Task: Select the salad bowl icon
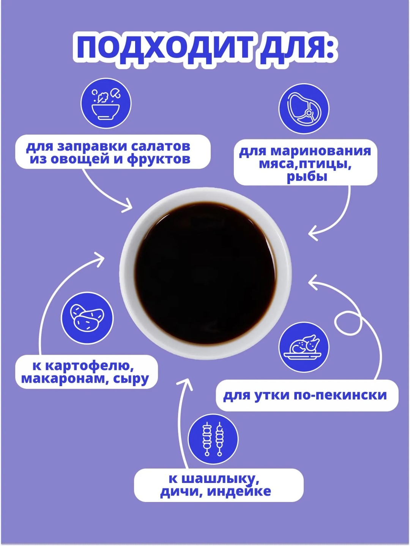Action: [x=106, y=103]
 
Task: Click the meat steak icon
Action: [x=304, y=109]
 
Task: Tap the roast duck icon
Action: [x=304, y=347]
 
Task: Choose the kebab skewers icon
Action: [x=213, y=439]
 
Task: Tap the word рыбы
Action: [x=307, y=177]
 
